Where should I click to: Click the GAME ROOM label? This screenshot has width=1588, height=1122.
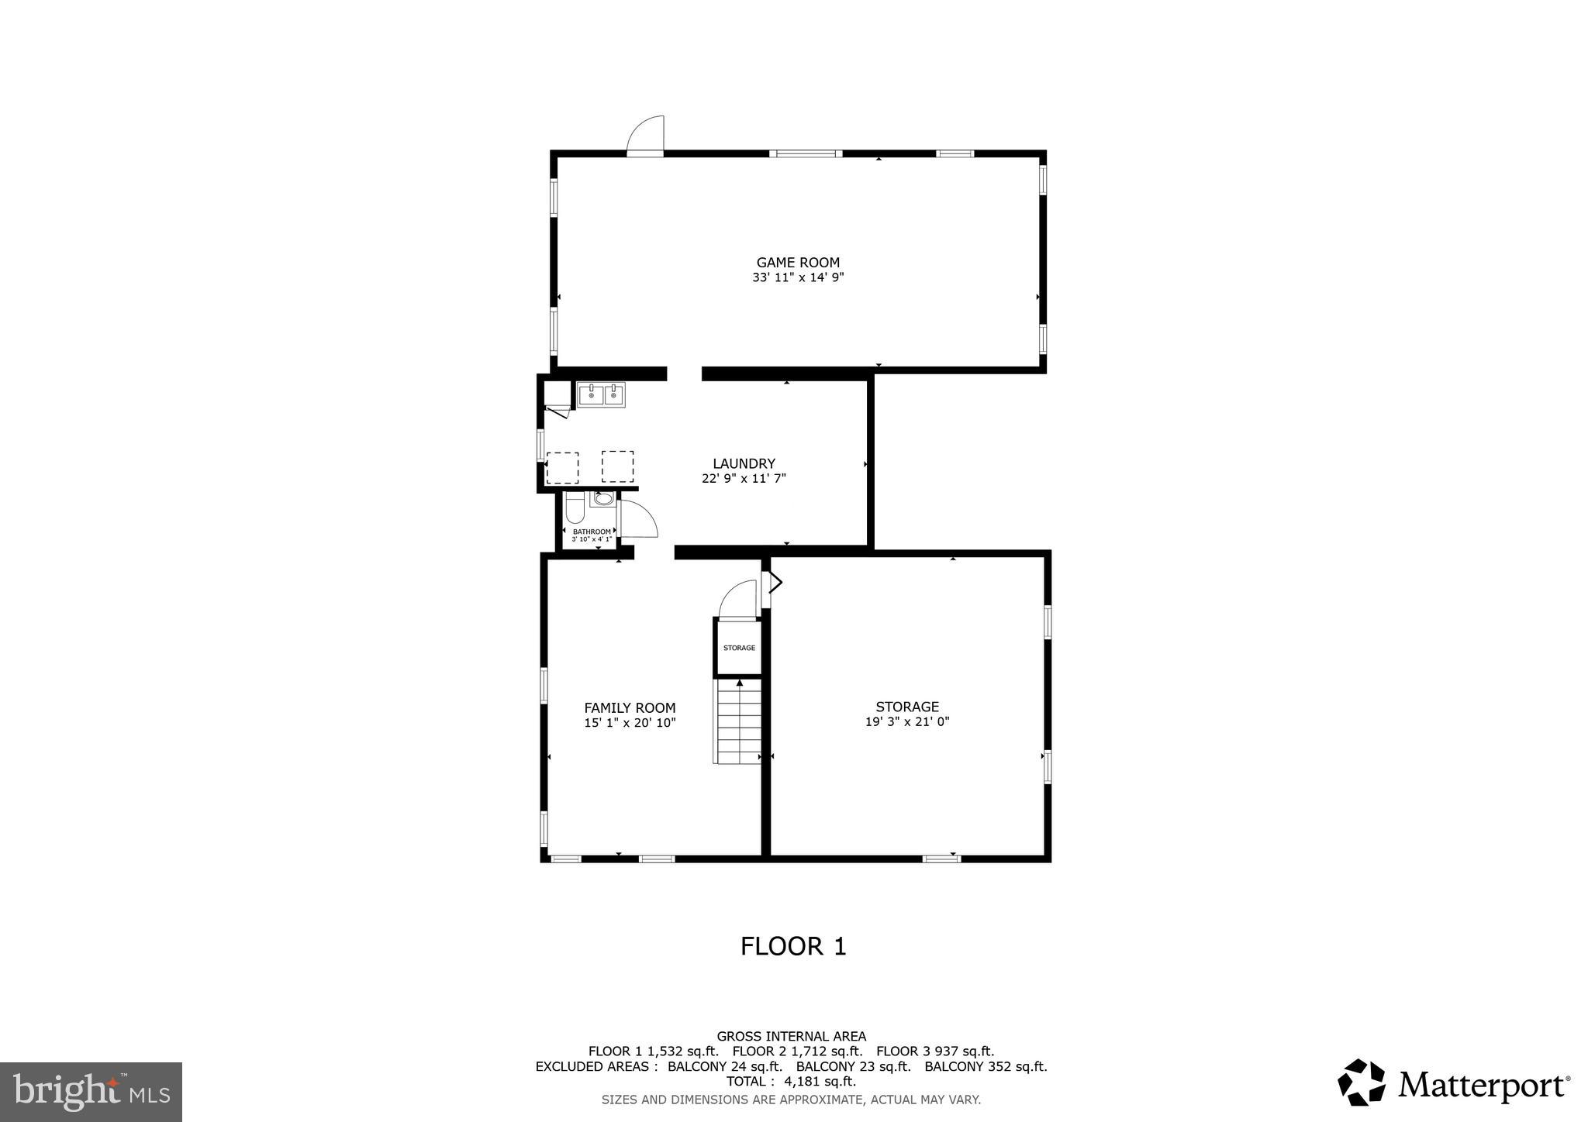pos(798,263)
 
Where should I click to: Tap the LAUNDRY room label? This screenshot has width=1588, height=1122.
pos(744,464)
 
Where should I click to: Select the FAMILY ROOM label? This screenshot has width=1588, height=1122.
pos(630,707)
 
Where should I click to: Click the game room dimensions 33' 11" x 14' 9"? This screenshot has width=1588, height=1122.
pos(798,277)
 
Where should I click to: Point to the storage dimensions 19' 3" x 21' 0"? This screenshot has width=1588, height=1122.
pos(907,721)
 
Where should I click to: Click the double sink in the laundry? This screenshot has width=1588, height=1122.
pos(601,395)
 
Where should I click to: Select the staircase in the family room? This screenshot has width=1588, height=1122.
pos(738,723)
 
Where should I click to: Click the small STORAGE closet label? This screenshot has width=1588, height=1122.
pos(739,648)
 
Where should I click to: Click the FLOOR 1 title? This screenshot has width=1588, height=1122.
pos(793,946)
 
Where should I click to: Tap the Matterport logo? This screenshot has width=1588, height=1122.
pos(1453,1083)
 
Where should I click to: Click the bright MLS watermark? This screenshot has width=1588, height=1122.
pos(91,1092)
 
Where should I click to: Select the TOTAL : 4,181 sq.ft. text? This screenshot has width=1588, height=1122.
pos(791,1081)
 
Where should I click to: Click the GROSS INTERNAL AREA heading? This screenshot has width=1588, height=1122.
pos(791,1036)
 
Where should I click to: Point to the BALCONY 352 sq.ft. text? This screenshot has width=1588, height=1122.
pos(986,1066)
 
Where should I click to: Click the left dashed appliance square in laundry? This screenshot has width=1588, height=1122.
pos(562,467)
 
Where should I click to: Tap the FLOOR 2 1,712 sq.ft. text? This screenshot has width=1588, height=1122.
pos(797,1051)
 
